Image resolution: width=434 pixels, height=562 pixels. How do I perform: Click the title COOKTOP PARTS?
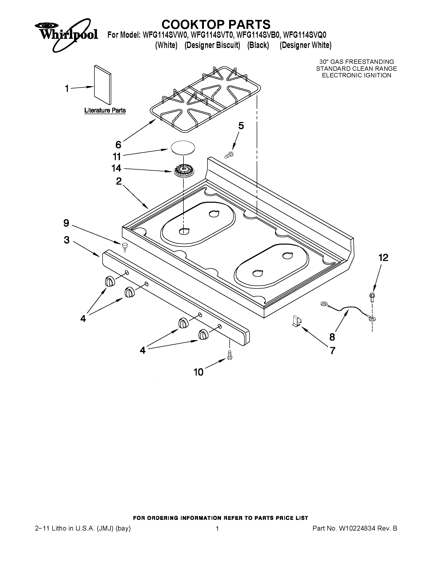[x=216, y=25]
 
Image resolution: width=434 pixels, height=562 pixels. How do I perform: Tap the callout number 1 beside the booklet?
[x=67, y=89]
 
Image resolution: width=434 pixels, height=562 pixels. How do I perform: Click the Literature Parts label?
[x=105, y=110]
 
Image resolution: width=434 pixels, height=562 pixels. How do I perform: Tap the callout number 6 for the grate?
[x=118, y=145]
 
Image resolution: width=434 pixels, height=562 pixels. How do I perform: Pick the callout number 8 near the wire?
[x=332, y=337]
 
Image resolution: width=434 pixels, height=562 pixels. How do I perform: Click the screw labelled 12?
[x=371, y=297]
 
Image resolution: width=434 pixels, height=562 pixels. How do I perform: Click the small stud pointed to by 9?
[x=125, y=246]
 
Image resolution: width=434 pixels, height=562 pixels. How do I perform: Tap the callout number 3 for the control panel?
[x=67, y=240]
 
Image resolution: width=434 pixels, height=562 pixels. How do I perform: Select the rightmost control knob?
[x=203, y=334]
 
